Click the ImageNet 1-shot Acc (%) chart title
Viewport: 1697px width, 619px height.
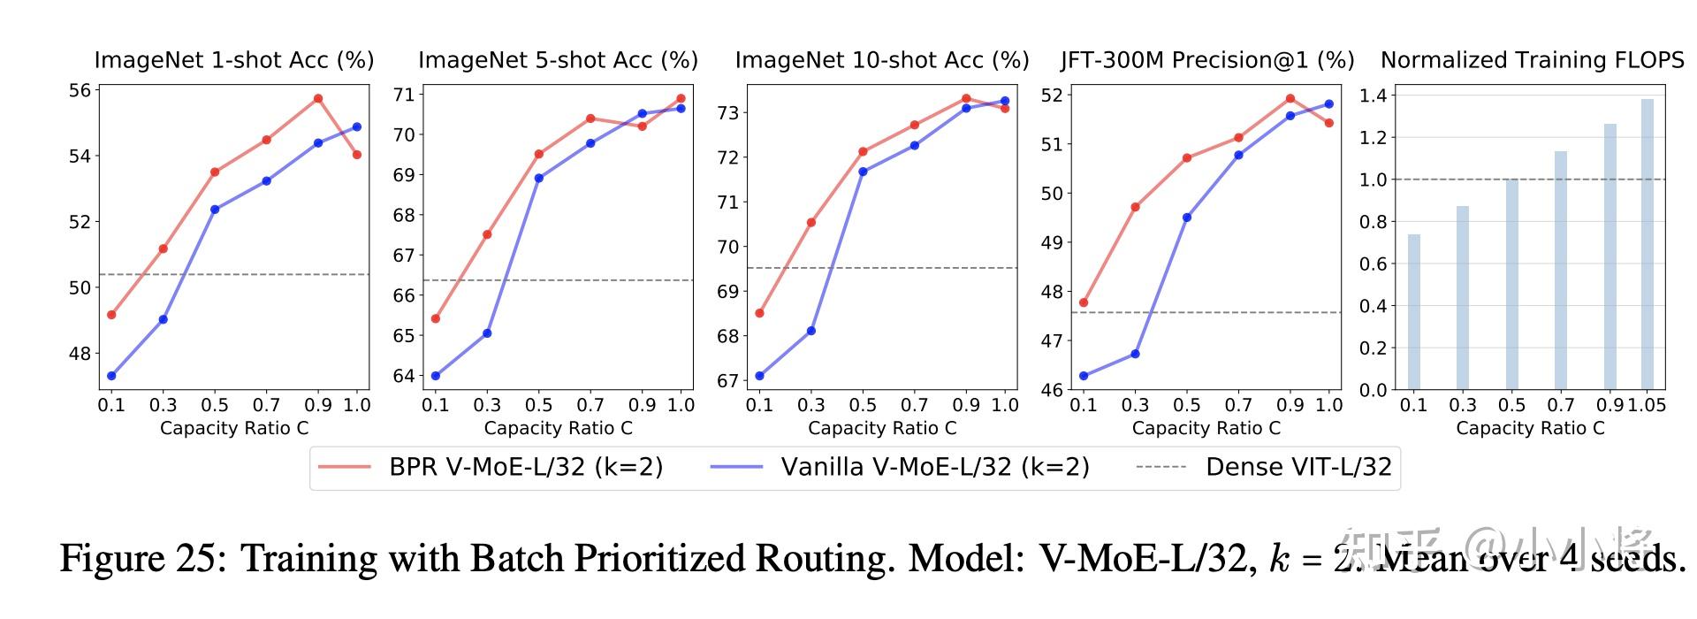tap(234, 60)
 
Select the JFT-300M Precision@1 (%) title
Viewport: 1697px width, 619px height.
tap(1207, 60)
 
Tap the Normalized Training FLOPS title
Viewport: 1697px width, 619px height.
tap(1532, 60)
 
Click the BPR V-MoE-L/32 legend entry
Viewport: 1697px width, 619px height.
tap(525, 467)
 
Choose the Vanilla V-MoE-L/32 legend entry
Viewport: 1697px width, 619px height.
tap(933, 467)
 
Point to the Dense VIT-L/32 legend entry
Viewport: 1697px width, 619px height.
tap(1297, 467)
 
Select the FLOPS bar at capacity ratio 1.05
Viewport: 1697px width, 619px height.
tap(1647, 244)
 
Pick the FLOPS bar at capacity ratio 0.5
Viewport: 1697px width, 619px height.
tap(1511, 284)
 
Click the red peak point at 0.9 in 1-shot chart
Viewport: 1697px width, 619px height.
tap(318, 98)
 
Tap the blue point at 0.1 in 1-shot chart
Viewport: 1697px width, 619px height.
tap(111, 376)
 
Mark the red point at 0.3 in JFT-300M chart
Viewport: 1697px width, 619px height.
tap(1135, 207)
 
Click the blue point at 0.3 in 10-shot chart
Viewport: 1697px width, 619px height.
tap(810, 331)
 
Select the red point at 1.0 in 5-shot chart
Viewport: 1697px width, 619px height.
tap(681, 99)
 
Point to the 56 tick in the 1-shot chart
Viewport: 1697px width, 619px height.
tap(80, 90)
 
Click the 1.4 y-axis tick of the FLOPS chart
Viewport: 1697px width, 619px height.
tap(1372, 96)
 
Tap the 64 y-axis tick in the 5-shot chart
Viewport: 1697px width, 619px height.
tap(404, 376)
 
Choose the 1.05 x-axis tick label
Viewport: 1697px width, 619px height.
tap(1647, 405)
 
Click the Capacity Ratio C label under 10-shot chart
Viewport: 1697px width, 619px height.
tap(882, 428)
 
